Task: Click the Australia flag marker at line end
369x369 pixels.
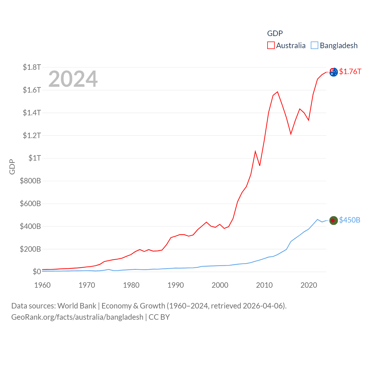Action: point(334,72)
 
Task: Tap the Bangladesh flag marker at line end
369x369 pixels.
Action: point(333,221)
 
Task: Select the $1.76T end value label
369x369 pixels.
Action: point(350,71)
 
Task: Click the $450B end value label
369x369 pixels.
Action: point(350,220)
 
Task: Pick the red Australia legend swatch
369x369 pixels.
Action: point(271,46)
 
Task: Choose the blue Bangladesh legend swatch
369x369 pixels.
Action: point(315,46)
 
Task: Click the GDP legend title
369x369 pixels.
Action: point(275,33)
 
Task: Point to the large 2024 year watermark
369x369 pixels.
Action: point(73,79)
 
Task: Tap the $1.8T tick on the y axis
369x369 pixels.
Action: point(32,67)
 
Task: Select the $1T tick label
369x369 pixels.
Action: point(35,158)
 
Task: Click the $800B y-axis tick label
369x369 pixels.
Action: point(30,181)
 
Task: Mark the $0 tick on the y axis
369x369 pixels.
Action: point(37,272)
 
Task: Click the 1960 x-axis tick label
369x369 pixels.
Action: point(42,285)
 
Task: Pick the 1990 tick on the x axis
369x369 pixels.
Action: point(176,285)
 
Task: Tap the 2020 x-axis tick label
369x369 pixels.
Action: point(309,285)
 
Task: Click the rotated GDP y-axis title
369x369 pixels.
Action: point(12,167)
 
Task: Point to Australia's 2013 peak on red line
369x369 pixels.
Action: point(277,92)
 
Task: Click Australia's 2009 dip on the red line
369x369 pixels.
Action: point(260,165)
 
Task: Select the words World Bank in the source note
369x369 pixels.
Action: point(77,306)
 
